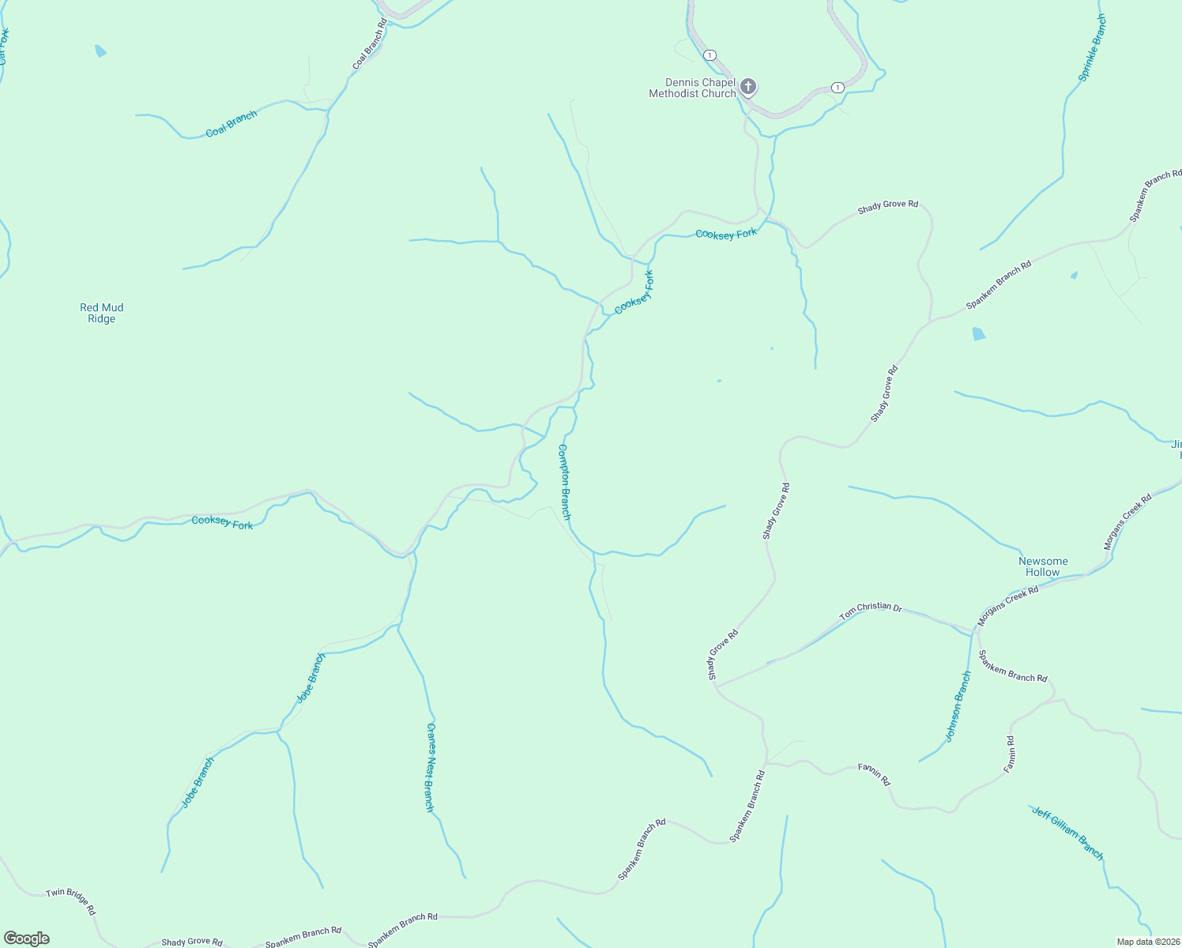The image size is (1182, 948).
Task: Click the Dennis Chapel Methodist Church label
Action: pos(692,88)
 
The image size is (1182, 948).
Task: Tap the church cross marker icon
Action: pos(747,87)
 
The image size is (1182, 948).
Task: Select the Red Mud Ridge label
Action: pos(102,314)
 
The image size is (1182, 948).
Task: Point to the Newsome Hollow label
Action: pos(1043,566)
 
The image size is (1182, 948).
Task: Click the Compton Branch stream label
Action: pos(564,481)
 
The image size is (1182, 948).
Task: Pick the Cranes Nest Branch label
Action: pos(430,767)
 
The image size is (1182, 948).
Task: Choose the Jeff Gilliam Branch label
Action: pos(1067,833)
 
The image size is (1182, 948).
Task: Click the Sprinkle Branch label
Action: pos(1093,48)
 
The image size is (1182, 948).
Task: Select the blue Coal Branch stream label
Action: pos(231,124)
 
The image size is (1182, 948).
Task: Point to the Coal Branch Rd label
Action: pos(370,44)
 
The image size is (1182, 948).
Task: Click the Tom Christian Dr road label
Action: pos(870,610)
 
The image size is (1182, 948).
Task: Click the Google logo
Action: pos(26,939)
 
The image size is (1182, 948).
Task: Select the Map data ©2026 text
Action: pos(1147,942)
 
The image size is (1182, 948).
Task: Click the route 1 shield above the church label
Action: pos(710,55)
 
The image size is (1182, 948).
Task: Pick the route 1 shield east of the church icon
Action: pos(838,87)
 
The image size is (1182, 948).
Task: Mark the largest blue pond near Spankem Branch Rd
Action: pos(979,333)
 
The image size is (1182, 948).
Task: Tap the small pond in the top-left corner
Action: pos(100,51)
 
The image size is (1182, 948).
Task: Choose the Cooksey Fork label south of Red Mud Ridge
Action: pos(222,522)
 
